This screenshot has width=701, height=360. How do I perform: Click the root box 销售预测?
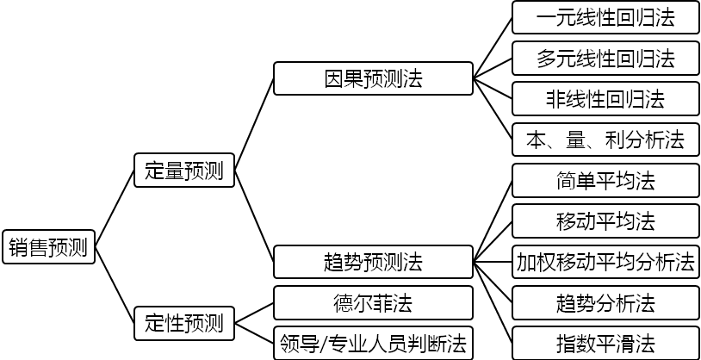(x=48, y=248)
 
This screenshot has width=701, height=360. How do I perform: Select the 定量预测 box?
(x=184, y=171)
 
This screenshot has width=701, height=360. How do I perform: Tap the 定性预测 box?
(x=184, y=323)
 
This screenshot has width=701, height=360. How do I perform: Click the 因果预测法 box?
(x=373, y=79)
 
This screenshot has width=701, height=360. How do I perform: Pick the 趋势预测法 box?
(x=373, y=261)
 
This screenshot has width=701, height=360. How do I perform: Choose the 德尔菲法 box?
(x=373, y=303)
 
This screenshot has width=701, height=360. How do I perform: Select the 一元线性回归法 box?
(x=605, y=17)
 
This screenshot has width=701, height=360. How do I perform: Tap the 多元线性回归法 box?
(x=605, y=59)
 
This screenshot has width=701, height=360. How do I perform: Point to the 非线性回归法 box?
(x=605, y=99)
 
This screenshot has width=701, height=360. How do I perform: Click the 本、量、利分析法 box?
(x=605, y=140)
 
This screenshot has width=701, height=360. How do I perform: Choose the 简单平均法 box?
(x=605, y=181)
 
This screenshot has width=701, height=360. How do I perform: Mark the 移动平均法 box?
(x=605, y=221)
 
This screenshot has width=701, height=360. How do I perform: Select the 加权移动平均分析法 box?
(x=605, y=262)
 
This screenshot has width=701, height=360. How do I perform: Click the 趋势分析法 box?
(x=605, y=303)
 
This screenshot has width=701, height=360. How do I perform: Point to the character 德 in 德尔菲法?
(x=344, y=303)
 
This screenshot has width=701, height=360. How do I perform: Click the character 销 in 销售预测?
(x=19, y=248)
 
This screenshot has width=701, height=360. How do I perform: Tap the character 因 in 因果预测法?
(x=334, y=79)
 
